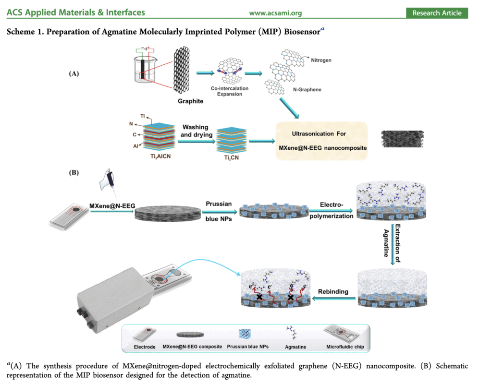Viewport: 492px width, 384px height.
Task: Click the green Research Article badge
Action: [x=437, y=13]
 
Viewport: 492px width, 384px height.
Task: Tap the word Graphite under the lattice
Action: [x=191, y=101]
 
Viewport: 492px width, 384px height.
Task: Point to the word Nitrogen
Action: [x=321, y=61]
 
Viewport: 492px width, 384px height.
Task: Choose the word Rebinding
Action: [x=333, y=292]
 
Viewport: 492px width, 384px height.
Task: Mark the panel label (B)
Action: [x=74, y=172]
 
